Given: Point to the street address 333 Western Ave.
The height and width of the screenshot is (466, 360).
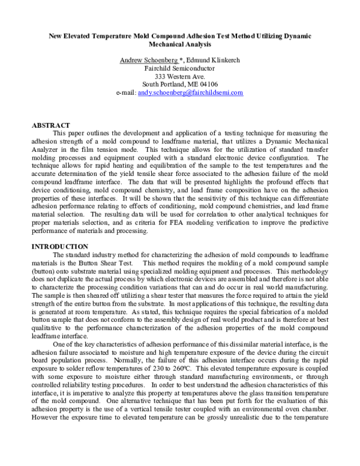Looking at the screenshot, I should tap(180, 76).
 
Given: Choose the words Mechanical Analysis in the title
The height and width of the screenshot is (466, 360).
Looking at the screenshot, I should tap(180, 44).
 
